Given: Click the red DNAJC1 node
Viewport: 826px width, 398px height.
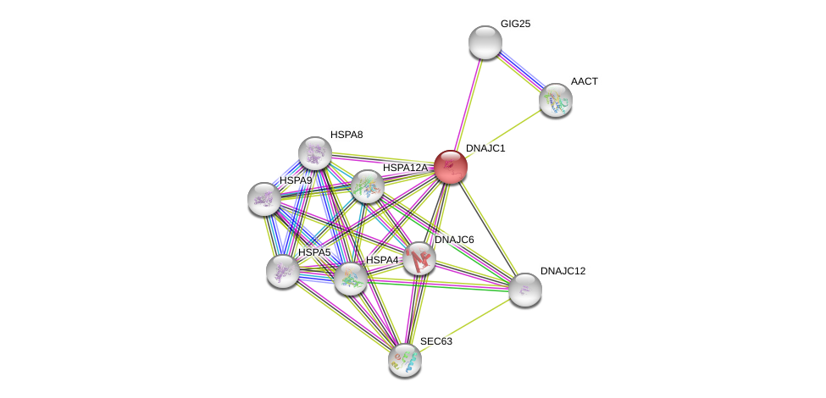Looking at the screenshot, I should pyautogui.click(x=450, y=167).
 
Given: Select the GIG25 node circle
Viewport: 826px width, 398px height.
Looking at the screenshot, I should pyautogui.click(x=485, y=42).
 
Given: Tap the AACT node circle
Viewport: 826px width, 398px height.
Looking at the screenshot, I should pyautogui.click(x=555, y=100).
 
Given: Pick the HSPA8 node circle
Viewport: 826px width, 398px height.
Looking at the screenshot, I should pyautogui.click(x=314, y=153).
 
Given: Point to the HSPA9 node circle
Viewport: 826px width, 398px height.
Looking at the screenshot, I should pyautogui.click(x=264, y=199).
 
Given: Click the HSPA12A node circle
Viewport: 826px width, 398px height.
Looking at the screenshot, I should pyautogui.click(x=367, y=186).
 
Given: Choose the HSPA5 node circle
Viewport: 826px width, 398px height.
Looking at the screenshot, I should pyautogui.click(x=282, y=271).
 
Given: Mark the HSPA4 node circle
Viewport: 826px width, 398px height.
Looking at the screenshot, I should pyautogui.click(x=350, y=278).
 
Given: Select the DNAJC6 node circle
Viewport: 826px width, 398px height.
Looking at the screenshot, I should pyautogui.click(x=419, y=258).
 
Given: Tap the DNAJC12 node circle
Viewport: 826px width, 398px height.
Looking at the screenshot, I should pyautogui.click(x=524, y=290).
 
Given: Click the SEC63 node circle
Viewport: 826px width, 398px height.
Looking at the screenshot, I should pyautogui.click(x=405, y=360).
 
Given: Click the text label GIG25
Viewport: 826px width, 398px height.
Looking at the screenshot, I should pyautogui.click(x=515, y=24).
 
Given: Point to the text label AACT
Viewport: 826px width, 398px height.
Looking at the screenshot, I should pyautogui.click(x=584, y=81).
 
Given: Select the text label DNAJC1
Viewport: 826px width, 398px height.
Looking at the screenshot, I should pyautogui.click(x=485, y=148).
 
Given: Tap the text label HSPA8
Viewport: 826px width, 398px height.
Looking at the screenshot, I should pyautogui.click(x=346, y=135).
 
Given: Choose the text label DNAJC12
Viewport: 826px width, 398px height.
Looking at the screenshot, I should pyautogui.click(x=563, y=271).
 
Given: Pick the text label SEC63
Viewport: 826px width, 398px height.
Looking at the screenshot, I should pyautogui.click(x=436, y=341).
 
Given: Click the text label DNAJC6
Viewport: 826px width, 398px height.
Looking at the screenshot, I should pyautogui.click(x=454, y=240).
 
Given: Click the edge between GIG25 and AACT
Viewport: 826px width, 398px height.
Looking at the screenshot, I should pyautogui.click(x=520, y=71).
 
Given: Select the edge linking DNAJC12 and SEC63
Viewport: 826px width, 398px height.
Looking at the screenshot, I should pyautogui.click(x=464, y=325).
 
